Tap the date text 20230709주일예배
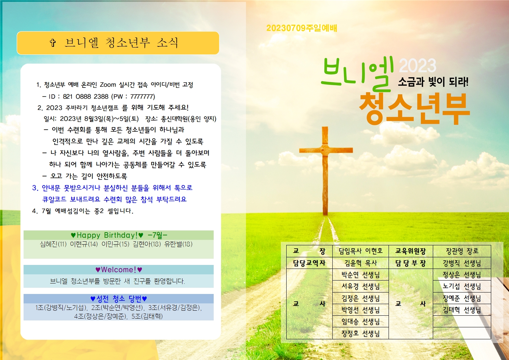301,28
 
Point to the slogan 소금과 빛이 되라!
433,82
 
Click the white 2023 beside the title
418,66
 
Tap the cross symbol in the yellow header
53,43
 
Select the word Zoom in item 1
108,85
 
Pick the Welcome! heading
119,270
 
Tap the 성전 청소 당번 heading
119,299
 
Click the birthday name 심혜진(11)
53,244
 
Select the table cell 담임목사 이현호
360,251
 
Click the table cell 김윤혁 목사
360,263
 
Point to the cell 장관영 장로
461,251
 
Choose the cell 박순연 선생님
360,275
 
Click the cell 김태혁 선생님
461,310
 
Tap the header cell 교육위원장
410,251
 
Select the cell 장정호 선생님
360,333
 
